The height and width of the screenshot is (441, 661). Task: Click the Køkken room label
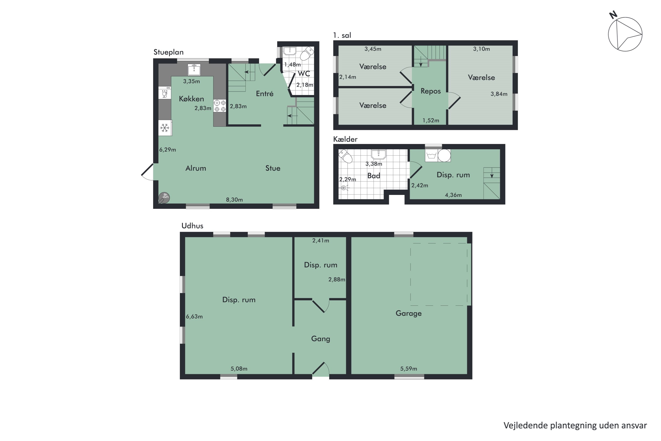point(191,99)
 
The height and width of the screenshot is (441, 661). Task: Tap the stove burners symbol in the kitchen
point(220,106)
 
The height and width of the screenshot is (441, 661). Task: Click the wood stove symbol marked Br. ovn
point(164,197)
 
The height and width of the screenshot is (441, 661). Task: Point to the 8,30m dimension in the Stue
point(234,200)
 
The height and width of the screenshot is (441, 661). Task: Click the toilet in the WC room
point(307,53)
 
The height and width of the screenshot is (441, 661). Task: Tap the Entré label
point(264,94)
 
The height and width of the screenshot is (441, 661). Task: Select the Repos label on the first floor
point(430,91)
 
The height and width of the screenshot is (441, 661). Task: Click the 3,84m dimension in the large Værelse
point(499,94)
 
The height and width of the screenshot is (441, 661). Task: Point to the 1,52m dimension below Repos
point(431,121)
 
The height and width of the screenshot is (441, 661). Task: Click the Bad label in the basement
point(373,176)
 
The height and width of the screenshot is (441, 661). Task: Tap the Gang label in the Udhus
point(320,339)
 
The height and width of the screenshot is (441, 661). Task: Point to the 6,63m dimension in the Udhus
point(194,316)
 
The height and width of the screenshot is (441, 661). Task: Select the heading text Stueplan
point(168,52)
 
